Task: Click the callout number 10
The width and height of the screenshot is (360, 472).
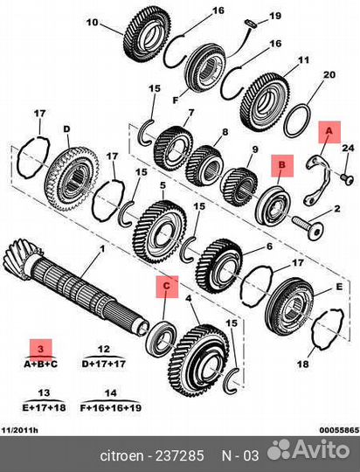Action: tap(92, 22)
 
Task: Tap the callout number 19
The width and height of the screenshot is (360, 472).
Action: tap(275, 16)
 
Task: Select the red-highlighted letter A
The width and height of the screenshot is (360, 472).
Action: tap(329, 131)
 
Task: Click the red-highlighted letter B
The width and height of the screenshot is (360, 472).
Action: tap(282, 165)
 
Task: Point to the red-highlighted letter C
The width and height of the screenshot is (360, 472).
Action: tap(167, 285)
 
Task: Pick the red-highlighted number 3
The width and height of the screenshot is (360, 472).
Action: tap(41, 349)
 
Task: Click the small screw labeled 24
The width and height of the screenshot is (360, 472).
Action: tap(348, 179)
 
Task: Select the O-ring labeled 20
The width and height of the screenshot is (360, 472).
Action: tap(297, 121)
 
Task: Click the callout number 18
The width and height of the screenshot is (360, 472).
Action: tap(303, 364)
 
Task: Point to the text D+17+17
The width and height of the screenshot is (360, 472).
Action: tap(104, 364)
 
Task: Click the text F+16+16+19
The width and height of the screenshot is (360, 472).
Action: tap(111, 408)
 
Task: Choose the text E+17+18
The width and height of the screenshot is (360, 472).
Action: tap(44, 407)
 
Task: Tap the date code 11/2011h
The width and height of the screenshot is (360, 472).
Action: tap(19, 430)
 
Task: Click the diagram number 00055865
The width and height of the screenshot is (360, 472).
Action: tap(339, 430)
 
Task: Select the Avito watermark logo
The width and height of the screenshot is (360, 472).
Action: tap(308, 449)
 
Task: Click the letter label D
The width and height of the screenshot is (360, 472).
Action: tap(66, 129)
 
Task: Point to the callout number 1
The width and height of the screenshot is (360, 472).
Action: tap(102, 249)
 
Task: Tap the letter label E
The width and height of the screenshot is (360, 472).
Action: tap(339, 287)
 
